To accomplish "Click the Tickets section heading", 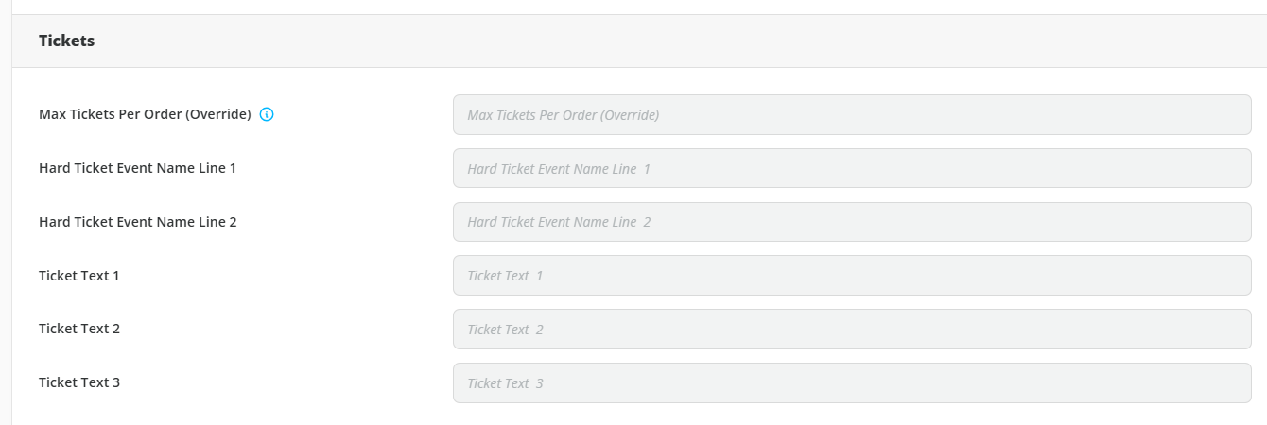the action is tap(67, 41).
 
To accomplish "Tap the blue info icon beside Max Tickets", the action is tap(267, 114).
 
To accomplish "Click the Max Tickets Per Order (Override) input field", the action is tap(852, 114).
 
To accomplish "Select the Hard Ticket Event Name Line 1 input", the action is tap(852, 168).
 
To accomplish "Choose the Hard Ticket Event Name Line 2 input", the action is tap(852, 222).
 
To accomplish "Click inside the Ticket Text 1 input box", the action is tap(852, 275).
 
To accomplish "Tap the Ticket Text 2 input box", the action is tap(852, 329).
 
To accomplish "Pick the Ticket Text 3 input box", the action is tap(852, 383).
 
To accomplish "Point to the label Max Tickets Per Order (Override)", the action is tap(145, 114).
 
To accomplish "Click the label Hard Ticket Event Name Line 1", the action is tap(137, 168).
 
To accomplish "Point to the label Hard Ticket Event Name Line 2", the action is tap(137, 222).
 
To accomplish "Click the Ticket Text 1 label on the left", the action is tap(79, 276).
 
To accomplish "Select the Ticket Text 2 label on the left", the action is tap(79, 329).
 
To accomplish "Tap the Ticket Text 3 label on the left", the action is tap(79, 382).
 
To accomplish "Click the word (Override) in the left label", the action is tap(218, 114).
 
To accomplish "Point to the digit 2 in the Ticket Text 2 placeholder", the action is tap(540, 330).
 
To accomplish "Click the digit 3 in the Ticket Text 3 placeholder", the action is tap(540, 383).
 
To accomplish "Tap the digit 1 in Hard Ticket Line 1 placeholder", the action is tap(647, 169).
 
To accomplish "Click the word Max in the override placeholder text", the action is tap(480, 115).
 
